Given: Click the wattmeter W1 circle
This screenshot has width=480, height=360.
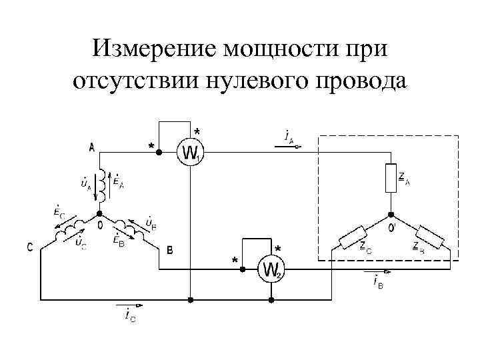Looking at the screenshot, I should (190, 153).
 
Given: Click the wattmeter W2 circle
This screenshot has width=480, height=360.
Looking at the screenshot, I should (272, 269).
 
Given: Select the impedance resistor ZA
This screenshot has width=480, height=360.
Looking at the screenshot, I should (391, 179).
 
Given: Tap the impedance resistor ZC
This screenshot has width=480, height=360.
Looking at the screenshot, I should (352, 235).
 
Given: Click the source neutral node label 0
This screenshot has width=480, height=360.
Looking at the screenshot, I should (99, 226).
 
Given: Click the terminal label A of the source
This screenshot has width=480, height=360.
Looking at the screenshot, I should (91, 148).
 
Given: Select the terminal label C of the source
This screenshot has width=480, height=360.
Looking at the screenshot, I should (30, 248).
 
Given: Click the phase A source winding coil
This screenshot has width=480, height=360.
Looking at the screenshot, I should (102, 187).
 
